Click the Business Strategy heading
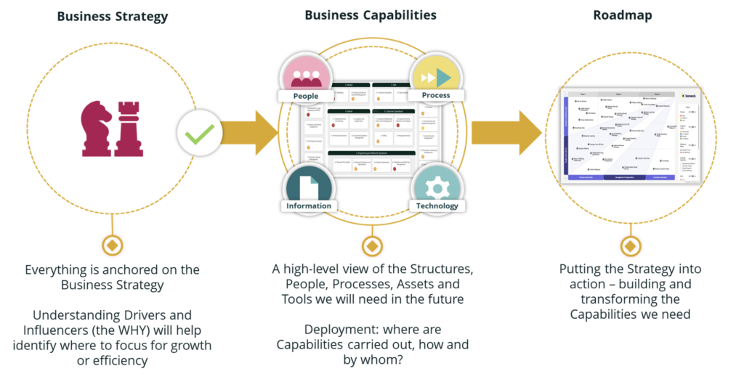click(112, 17)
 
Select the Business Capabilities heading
click(371, 15)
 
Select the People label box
click(306, 96)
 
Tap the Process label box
click(435, 95)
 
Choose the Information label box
click(309, 206)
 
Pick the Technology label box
click(437, 206)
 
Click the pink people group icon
click(306, 73)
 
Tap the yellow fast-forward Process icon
click(437, 76)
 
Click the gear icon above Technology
click(437, 187)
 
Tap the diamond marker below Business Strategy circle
click(113, 245)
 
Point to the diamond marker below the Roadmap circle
click(629, 245)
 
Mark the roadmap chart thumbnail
click(630, 135)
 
